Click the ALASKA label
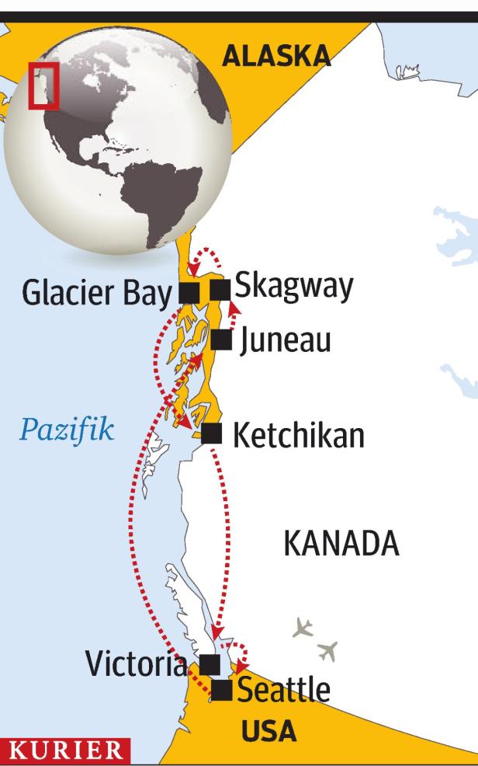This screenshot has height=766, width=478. click(x=275, y=54)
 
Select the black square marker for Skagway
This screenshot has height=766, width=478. click(x=220, y=290)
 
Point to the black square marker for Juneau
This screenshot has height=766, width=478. click(x=221, y=339)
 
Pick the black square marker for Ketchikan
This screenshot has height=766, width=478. click(x=212, y=433)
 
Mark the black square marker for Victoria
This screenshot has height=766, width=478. click(x=210, y=664)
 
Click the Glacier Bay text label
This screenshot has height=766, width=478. click(x=95, y=294)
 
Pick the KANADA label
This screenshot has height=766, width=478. click(x=341, y=545)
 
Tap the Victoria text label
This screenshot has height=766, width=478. click(x=137, y=665)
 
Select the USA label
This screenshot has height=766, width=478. click(x=268, y=730)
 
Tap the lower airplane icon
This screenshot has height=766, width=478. click(x=328, y=651)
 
